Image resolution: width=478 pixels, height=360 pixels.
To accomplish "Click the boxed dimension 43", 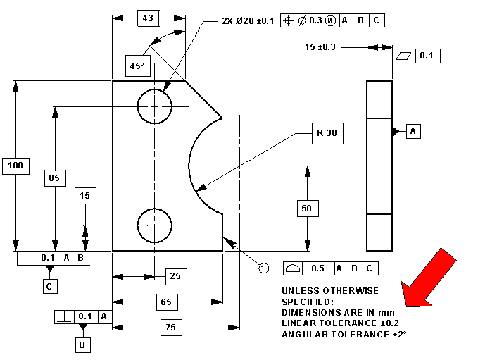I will click(x=149, y=18).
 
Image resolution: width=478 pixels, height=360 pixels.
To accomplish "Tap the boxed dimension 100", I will click(x=15, y=165).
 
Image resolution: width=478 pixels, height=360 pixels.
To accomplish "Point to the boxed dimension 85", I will click(x=54, y=178).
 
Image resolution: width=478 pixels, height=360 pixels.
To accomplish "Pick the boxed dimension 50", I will click(x=307, y=209).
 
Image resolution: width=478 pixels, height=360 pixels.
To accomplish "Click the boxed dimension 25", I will click(x=175, y=276).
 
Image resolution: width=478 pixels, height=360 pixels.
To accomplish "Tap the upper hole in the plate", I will click(x=154, y=106).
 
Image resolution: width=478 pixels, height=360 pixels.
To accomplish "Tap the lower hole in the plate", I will click(x=154, y=225).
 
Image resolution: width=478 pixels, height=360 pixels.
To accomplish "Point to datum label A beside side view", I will click(x=413, y=131).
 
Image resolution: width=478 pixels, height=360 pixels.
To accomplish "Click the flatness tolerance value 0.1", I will click(x=427, y=55).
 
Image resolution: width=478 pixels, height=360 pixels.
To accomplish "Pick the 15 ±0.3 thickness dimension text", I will click(x=320, y=47).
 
